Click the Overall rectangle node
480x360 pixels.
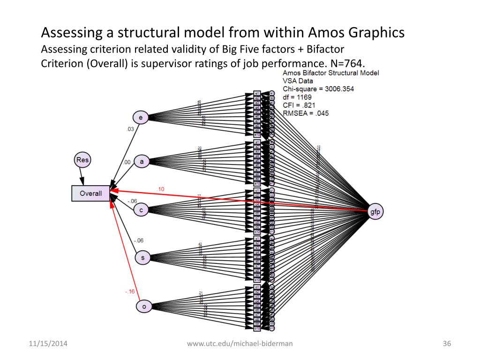coord(90,193)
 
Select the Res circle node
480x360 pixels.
coord(82,160)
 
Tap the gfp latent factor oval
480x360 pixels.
coord(375,212)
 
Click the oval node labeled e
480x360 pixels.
coord(141,118)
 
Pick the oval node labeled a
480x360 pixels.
coord(142,162)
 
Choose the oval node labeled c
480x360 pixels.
coord(141,210)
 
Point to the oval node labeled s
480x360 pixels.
coord(142,257)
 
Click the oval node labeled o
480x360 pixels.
coord(144,307)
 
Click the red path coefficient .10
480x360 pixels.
coord(161,189)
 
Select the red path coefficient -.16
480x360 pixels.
coord(130,292)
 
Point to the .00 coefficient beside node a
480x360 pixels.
coord(127,162)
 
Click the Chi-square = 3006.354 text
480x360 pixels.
coord(318,89)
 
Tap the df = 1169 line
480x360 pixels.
coord(299,97)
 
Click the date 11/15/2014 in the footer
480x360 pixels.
coord(45,344)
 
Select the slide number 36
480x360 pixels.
coord(446,344)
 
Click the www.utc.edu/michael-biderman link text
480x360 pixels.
coord(240,344)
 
